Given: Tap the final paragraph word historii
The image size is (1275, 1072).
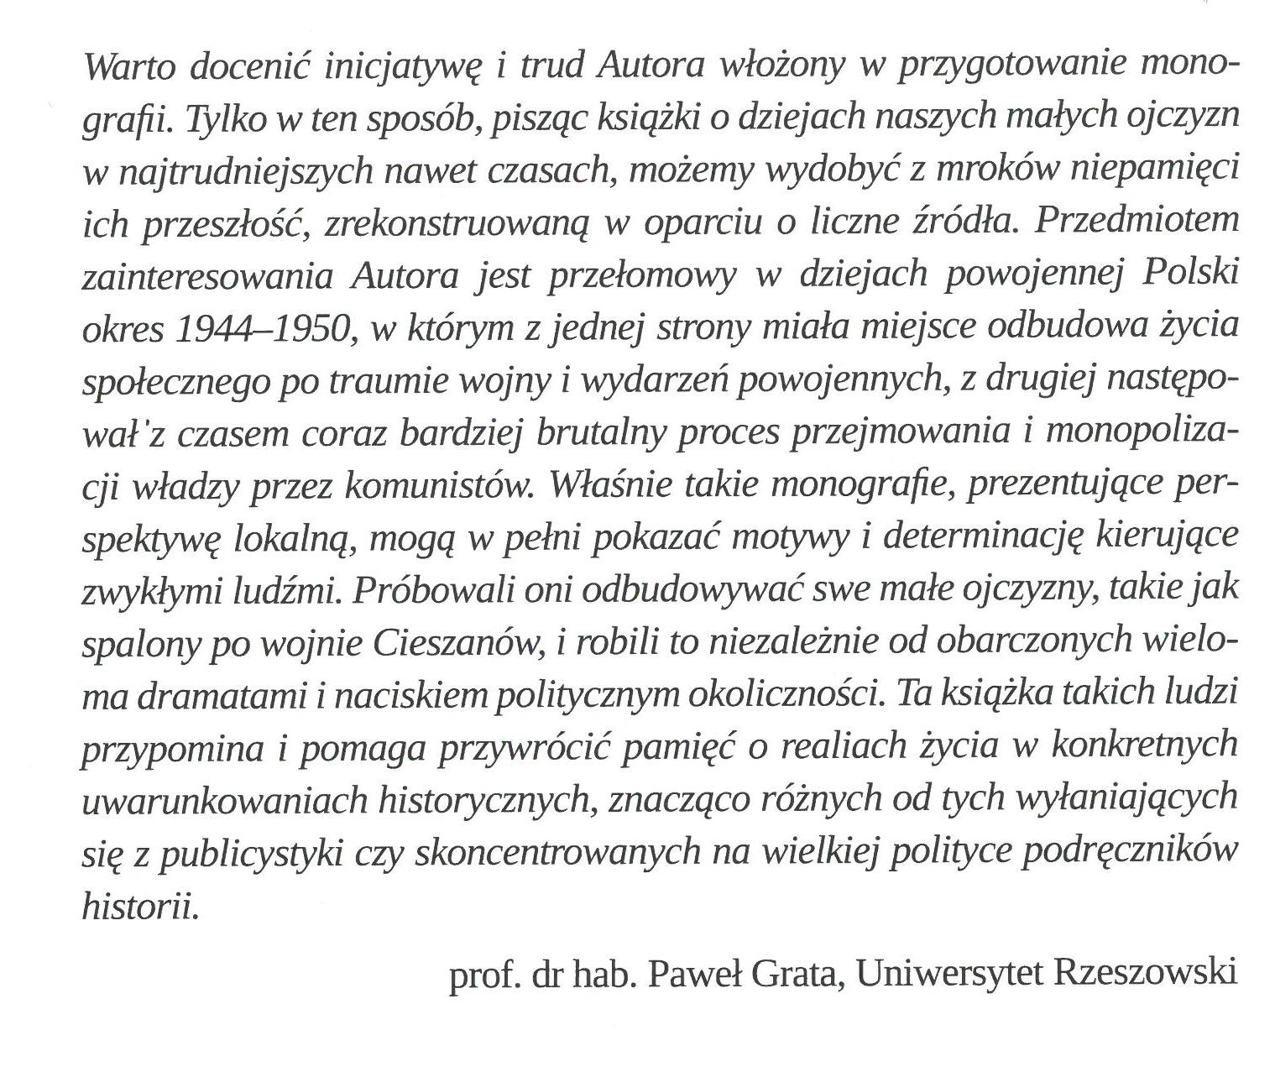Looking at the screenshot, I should (x=141, y=906).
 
